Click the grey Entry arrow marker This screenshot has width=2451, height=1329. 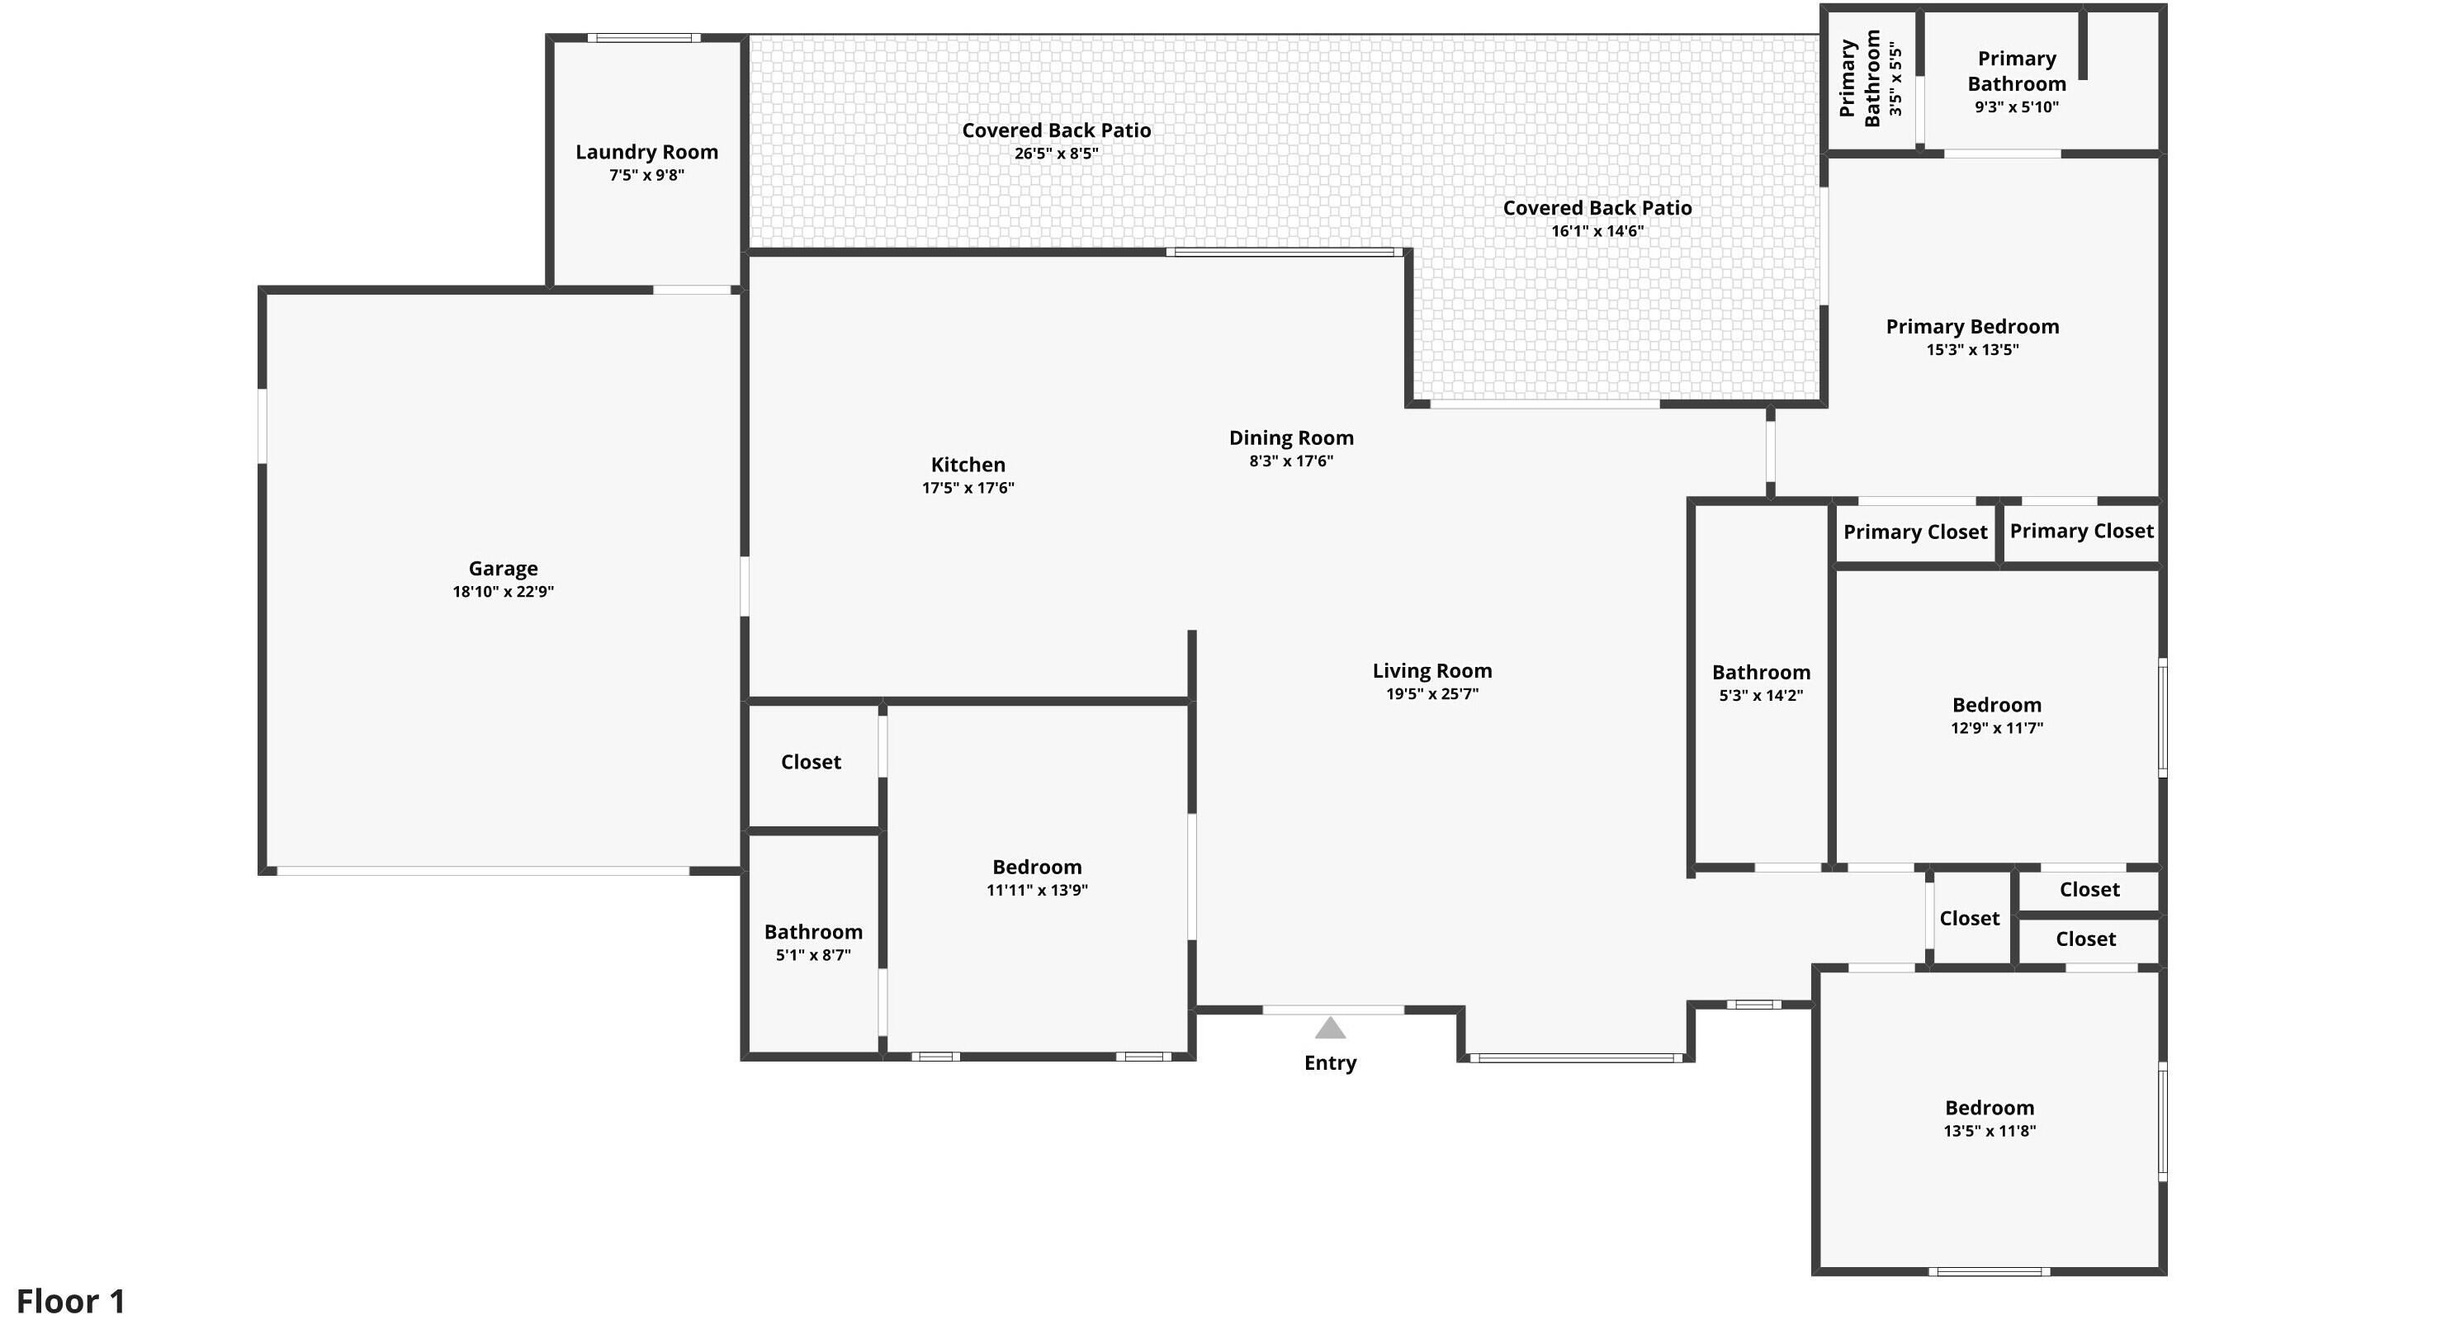tap(1330, 1028)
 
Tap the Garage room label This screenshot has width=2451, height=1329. tap(504, 568)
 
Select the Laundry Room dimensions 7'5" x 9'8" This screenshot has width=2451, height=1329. tap(647, 175)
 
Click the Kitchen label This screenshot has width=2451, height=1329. tap(968, 464)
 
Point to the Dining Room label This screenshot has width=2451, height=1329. tap(1291, 437)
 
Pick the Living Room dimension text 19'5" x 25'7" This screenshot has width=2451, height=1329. tap(1432, 693)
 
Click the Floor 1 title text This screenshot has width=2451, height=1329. tap(71, 1300)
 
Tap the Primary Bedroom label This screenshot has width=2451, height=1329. tap(1972, 326)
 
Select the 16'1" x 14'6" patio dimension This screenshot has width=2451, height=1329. tap(1597, 231)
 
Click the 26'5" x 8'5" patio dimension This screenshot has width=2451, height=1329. tap(1056, 154)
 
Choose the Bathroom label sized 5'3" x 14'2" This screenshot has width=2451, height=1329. tap(1761, 672)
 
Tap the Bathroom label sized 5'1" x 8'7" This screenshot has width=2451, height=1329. tap(813, 931)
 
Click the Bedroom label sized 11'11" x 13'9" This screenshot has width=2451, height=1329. tap(1037, 867)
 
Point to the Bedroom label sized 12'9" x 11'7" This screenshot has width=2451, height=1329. tap(1997, 705)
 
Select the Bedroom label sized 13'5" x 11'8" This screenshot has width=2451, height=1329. tap(1990, 1107)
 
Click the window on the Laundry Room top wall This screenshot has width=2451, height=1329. tap(644, 38)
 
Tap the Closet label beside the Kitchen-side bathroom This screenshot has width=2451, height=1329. tap(811, 762)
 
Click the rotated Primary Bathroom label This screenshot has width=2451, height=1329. tap(1859, 78)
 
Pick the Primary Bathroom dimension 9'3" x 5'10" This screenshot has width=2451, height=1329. tap(2016, 107)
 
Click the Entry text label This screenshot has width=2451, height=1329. tap(1330, 1062)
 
